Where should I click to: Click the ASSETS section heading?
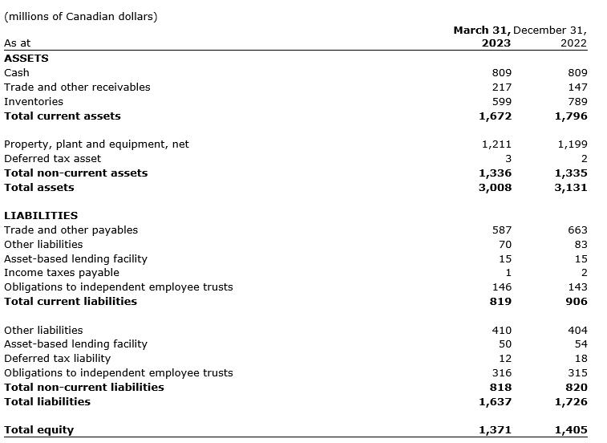point(26,58)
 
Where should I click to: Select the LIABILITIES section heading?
point(41,215)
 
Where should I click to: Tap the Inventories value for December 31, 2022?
point(577,101)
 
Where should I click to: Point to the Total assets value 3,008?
point(495,187)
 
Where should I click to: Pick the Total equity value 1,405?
point(570,429)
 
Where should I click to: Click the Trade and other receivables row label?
point(77,87)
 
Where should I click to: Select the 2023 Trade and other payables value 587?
point(502,230)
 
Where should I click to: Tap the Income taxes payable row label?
point(62,272)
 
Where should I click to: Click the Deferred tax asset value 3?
point(508,158)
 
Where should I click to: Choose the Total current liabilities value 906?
point(577,301)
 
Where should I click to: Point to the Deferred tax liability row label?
point(58,358)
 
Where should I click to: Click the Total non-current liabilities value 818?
point(501,387)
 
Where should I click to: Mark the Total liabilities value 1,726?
point(570,400)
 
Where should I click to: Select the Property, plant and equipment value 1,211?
point(496,144)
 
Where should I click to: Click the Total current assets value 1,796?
point(570,116)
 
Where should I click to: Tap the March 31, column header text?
point(481,30)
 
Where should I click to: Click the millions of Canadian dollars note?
point(81,16)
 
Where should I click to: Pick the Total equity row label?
point(38,429)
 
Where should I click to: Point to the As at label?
point(18,43)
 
